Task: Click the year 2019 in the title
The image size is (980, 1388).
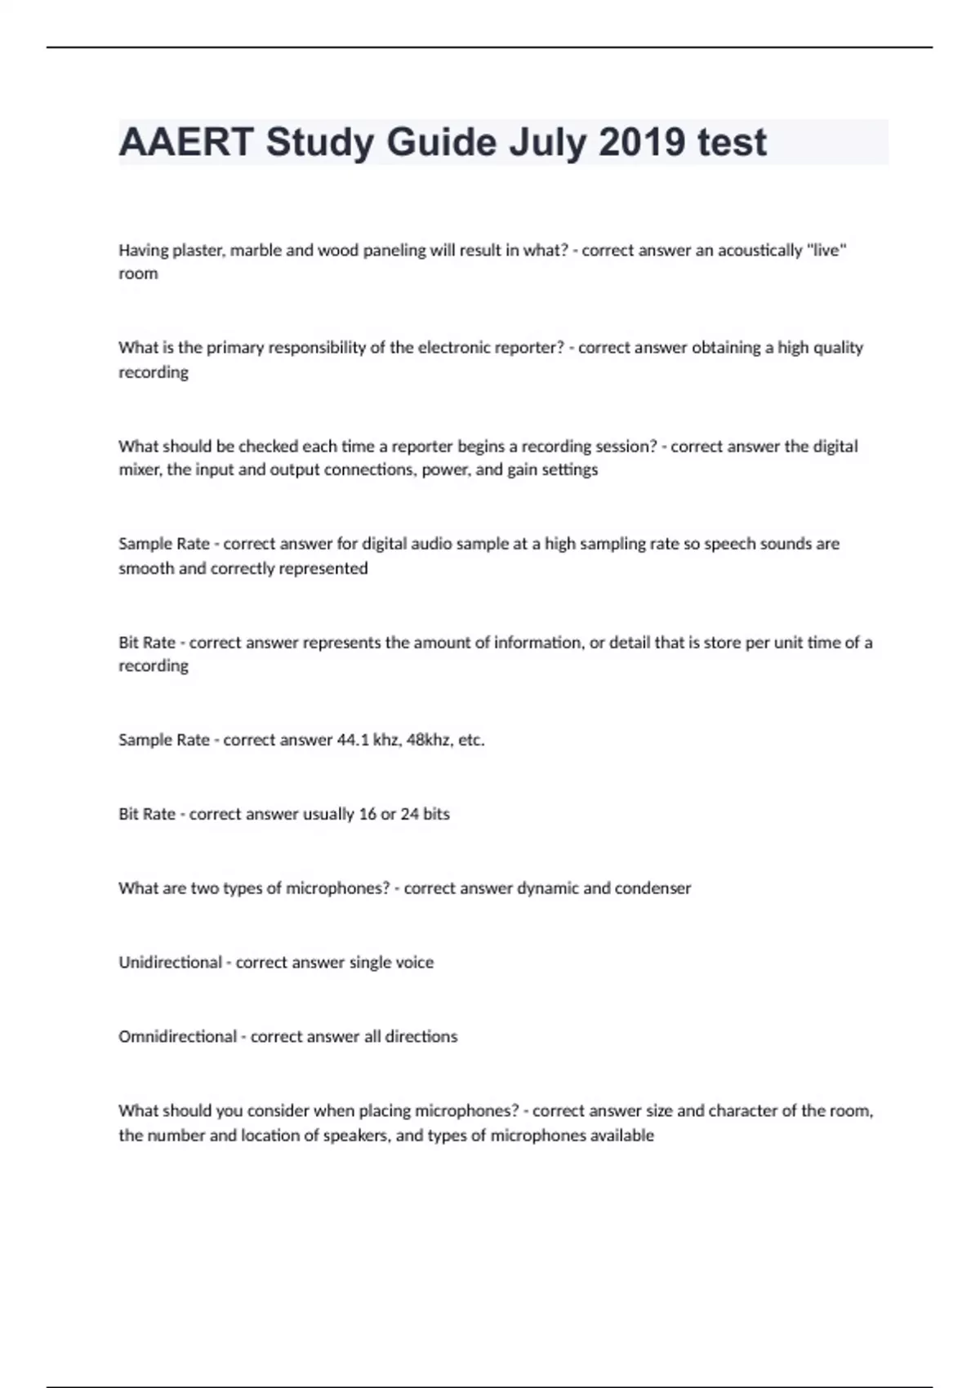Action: pos(641,142)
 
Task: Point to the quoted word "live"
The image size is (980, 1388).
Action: pos(826,250)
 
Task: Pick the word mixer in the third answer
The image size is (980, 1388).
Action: pos(140,470)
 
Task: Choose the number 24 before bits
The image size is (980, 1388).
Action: pos(409,814)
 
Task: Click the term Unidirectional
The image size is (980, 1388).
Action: pos(170,963)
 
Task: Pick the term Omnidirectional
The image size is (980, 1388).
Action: pos(177,1037)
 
